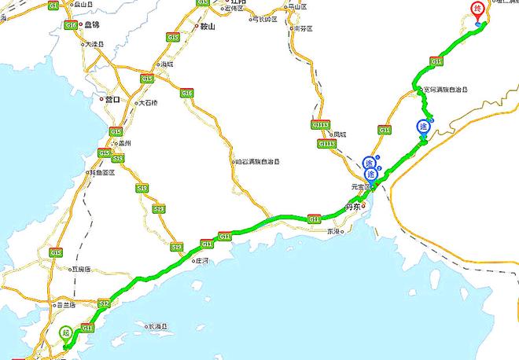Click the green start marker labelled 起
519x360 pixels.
click(66, 332)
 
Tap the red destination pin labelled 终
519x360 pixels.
click(477, 11)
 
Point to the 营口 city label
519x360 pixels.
click(112, 100)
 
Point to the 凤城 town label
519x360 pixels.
click(340, 134)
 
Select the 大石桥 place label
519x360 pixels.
click(148, 103)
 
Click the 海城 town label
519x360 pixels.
click(167, 64)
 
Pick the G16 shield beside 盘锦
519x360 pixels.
click(72, 25)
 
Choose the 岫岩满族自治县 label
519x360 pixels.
click(257, 162)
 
